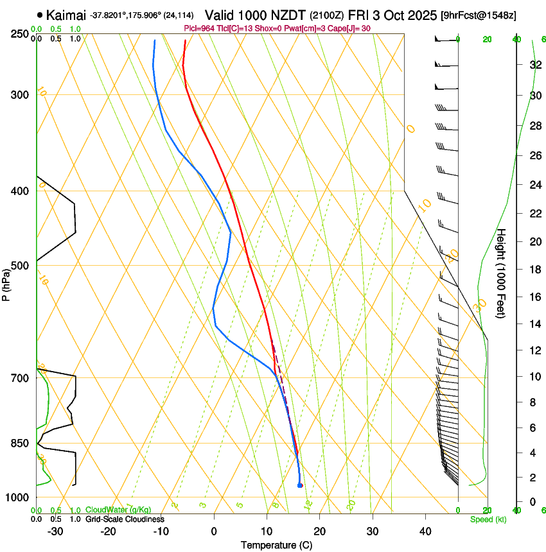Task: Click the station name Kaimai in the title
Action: coord(66,15)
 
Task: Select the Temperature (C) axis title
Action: coord(276,546)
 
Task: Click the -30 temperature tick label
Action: coord(55,531)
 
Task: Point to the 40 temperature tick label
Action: coord(425,531)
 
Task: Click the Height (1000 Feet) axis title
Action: coord(502,273)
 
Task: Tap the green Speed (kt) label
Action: coord(488,519)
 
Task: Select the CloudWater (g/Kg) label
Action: coord(118,510)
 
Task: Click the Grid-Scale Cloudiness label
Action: coord(125,519)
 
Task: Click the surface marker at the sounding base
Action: coord(300,485)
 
